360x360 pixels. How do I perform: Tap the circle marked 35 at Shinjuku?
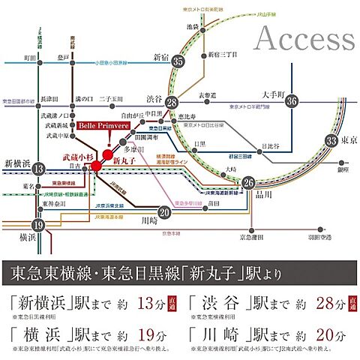pyautogui.click(x=178, y=61)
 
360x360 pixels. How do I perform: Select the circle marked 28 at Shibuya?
pyautogui.click(x=172, y=103)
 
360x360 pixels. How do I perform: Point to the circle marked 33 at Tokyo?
pyautogui.click(x=331, y=139)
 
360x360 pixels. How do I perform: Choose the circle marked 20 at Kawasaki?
pyautogui.click(x=165, y=212)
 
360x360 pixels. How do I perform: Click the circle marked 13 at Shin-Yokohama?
pyautogui.click(x=39, y=171)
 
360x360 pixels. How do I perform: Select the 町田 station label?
pyautogui.click(x=29, y=57)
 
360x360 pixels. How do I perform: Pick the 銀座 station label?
pyautogui.click(x=342, y=170)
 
